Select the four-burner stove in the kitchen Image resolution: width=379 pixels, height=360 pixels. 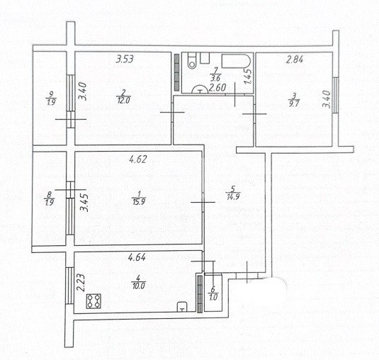(94, 303)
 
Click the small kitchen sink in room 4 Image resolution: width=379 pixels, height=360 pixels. (182, 306)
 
